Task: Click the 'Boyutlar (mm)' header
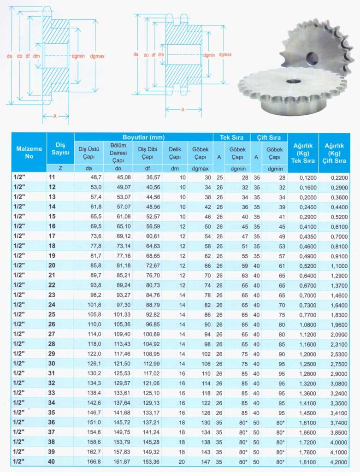pos(143,137)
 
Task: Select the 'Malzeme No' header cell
pos(29,152)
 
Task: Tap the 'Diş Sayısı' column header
pos(60,148)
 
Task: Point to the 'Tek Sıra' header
pos(231,137)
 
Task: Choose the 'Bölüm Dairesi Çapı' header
pos(118,153)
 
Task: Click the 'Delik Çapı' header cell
pos(175,153)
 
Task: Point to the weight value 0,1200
pos(302,177)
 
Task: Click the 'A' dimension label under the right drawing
pos(183,110)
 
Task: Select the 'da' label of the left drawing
pos(9,56)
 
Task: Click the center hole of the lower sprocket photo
pos(293,81)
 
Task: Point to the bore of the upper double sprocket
pos(312,58)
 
